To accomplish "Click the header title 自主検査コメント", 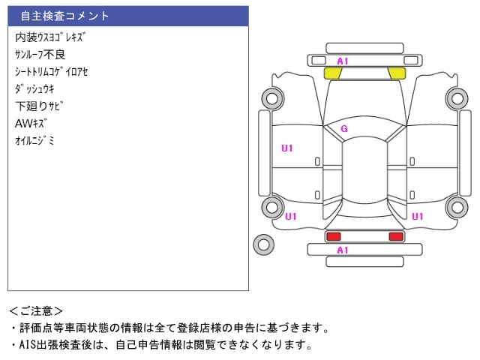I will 64,16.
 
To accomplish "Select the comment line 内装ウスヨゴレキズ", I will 50,37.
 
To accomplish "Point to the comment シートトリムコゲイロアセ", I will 51,71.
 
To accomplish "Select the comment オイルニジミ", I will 34,140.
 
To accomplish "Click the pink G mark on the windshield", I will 344,129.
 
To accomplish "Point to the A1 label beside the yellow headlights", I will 343,61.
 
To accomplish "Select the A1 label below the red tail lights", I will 343,250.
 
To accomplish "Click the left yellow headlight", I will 333,73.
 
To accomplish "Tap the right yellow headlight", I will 396,73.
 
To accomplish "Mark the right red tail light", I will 395,237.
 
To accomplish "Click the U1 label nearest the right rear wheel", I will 418,216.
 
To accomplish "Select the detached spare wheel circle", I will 264,243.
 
